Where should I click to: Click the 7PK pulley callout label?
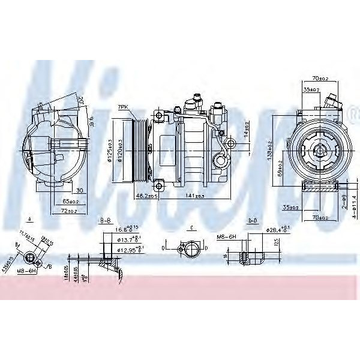(123, 107)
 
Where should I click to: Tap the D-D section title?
(253, 220)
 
